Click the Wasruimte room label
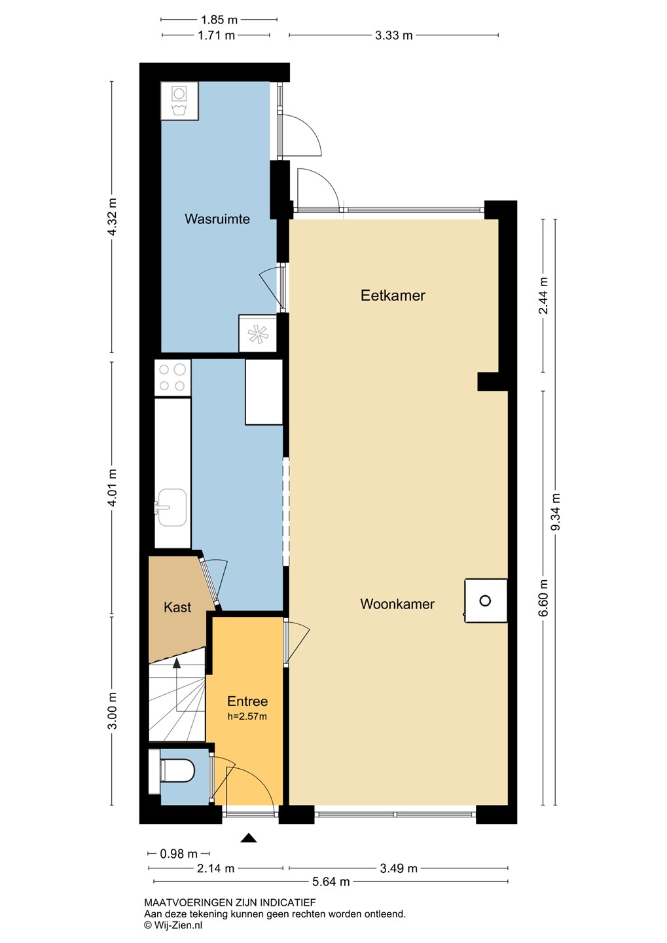click(x=217, y=219)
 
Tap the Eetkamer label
click(x=393, y=295)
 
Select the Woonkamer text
click(x=397, y=604)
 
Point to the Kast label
click(x=177, y=607)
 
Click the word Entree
click(x=247, y=701)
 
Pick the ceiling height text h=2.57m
click(x=247, y=716)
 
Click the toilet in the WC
click(x=177, y=770)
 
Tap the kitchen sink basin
click(x=171, y=508)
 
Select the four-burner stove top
click(x=173, y=378)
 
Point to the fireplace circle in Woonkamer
click(x=485, y=601)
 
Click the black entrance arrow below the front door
click(x=249, y=838)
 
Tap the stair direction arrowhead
click(x=177, y=663)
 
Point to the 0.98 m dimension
click(x=179, y=854)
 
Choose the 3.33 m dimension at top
click(x=393, y=35)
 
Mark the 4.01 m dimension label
click(x=112, y=488)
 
